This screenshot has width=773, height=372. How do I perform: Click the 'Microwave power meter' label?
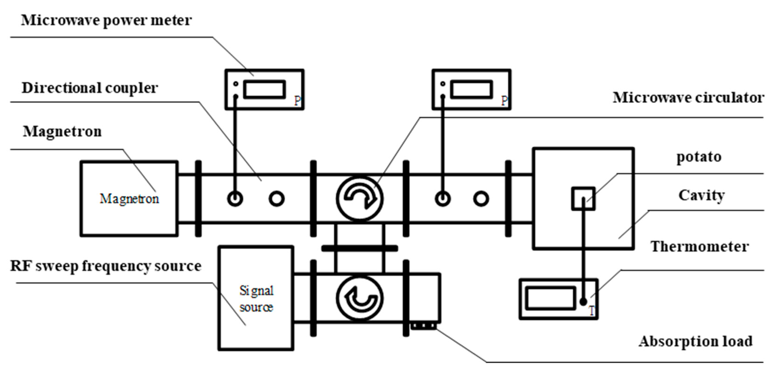pyautogui.click(x=106, y=20)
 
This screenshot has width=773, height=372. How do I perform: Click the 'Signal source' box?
pyautogui.click(x=256, y=298)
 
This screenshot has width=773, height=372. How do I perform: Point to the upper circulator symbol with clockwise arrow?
pyautogui.click(x=359, y=198)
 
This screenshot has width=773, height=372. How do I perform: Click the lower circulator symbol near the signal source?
pyautogui.click(x=359, y=298)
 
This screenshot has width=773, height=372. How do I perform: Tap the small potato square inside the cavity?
pyautogui.click(x=583, y=198)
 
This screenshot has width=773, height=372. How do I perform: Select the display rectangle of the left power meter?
pyautogui.click(x=264, y=89)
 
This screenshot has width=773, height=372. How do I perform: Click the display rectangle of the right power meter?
pyautogui.click(x=472, y=89)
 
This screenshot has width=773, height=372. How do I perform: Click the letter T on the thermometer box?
pyautogui.click(x=592, y=311)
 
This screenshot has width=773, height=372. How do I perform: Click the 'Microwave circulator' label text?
pyautogui.click(x=688, y=98)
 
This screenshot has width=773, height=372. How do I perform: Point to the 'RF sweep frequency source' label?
pyautogui.click(x=106, y=266)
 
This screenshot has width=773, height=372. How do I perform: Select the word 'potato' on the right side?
pyautogui.click(x=699, y=157)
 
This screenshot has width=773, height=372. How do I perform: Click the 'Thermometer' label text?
pyautogui.click(x=699, y=247)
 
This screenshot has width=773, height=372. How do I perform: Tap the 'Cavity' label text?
pyautogui.click(x=701, y=195)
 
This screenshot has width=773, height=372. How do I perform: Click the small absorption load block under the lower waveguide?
pyautogui.click(x=423, y=325)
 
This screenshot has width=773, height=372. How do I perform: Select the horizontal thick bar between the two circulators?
pyautogui.click(x=359, y=248)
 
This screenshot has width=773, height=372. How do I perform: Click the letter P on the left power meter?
pyautogui.click(x=297, y=101)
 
